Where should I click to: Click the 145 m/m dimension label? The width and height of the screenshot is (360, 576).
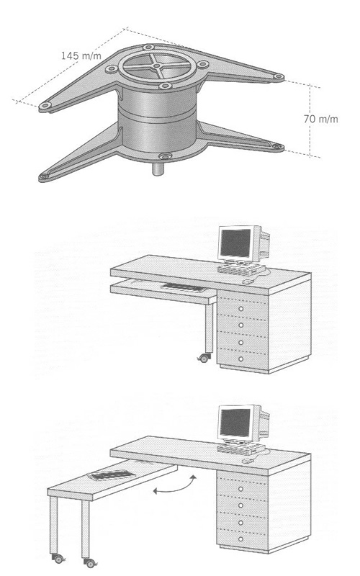click(81, 55)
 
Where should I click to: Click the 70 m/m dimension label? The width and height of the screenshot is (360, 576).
click(320, 119)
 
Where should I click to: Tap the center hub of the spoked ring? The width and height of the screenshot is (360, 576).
click(157, 66)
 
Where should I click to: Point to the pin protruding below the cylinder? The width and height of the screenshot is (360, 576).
click(158, 169)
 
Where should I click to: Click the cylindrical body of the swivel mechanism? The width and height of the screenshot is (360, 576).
click(157, 121)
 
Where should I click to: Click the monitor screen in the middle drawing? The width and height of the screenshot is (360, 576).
click(235, 243)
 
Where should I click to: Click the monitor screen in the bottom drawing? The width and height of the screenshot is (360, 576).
click(235, 423)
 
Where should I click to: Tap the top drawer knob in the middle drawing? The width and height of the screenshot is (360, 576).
click(241, 309)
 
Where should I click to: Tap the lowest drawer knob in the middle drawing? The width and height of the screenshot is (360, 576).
click(241, 359)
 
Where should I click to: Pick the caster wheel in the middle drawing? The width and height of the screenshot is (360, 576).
click(203, 359)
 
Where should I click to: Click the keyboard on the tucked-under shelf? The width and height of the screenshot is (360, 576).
click(184, 287)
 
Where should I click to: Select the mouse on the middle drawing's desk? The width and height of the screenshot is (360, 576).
click(248, 281)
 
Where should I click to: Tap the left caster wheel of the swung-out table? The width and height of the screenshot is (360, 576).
click(58, 559)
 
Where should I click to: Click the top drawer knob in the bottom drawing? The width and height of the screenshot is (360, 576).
click(241, 489)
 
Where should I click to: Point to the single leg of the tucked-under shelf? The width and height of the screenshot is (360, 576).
click(209, 328)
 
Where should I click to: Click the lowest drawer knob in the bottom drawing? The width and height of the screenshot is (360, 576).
click(241, 539)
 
